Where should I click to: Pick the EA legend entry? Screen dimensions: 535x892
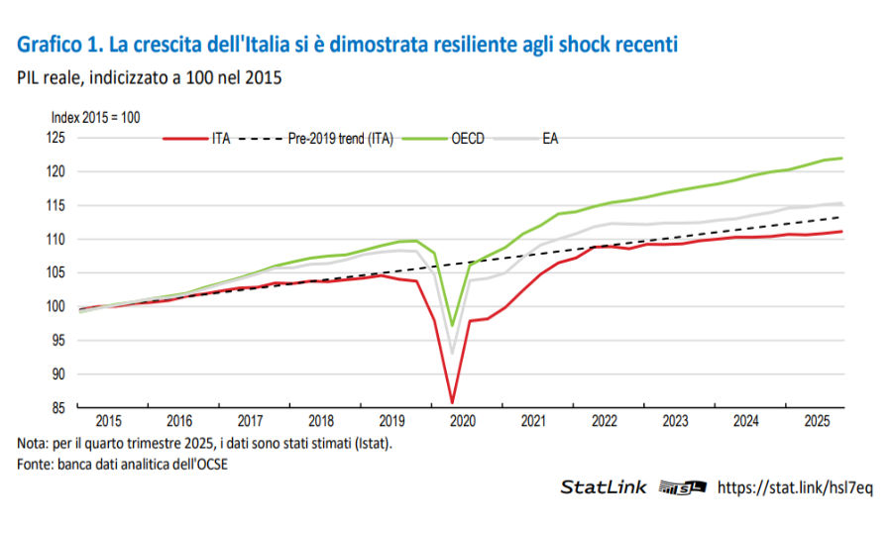tap(550, 139)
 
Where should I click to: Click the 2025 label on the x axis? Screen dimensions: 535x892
tap(815, 421)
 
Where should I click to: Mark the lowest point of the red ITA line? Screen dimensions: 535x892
tap(453, 402)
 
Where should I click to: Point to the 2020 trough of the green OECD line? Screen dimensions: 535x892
tap(453, 325)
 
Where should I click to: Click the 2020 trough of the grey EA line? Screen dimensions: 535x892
tap(453, 353)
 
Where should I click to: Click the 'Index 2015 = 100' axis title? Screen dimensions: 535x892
tap(95, 117)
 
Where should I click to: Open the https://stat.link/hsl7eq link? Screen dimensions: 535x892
tap(794, 487)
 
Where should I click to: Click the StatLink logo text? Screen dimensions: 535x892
tap(604, 487)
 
